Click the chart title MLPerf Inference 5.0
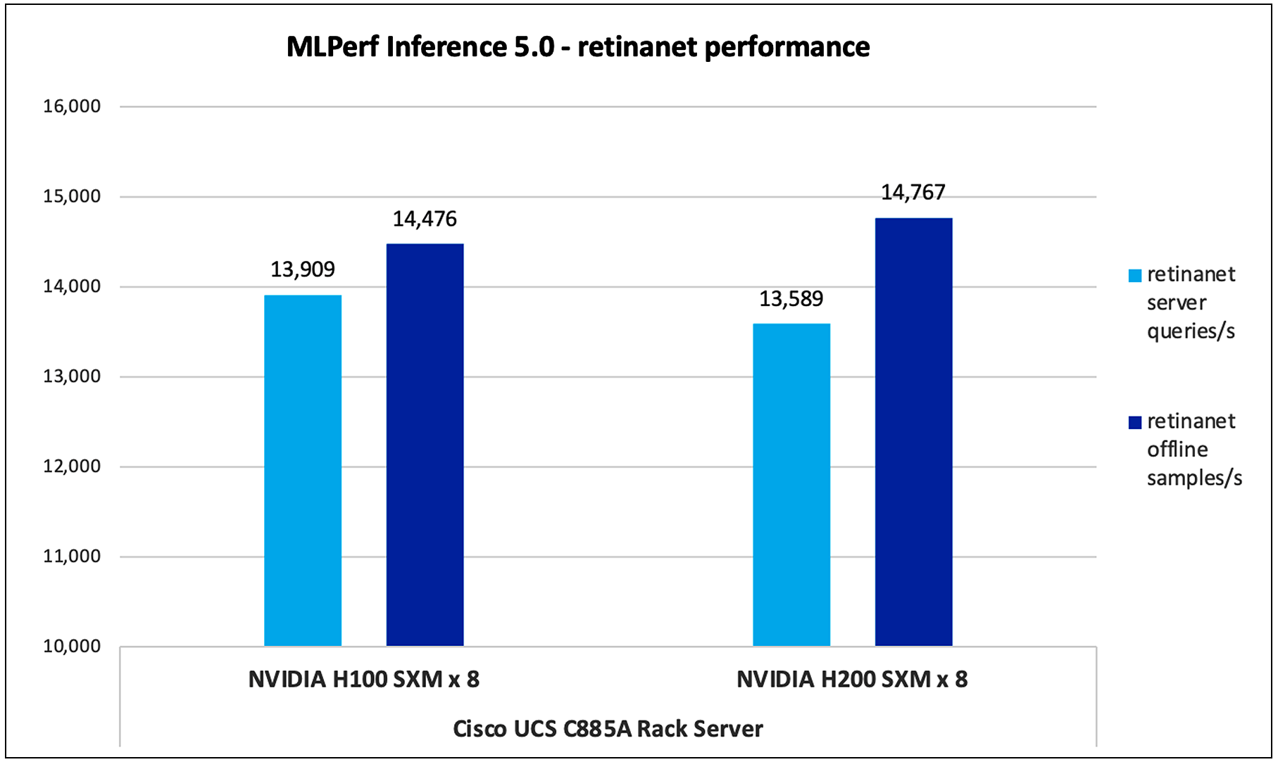[578, 47]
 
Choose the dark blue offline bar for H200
[913, 432]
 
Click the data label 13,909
[303, 269]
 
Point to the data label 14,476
[425, 220]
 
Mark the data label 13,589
[791, 299]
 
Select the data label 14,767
[913, 193]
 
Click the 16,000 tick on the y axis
[72, 106]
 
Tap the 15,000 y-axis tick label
[72, 196]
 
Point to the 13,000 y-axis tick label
[72, 376]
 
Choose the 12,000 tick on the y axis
[72, 466]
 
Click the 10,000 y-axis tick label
[72, 647]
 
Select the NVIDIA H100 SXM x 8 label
[363, 680]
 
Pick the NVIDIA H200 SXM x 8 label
[852, 680]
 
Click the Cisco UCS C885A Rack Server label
[608, 729]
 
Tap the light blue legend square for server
[1134, 276]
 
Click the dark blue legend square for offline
[1134, 423]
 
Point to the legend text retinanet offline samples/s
[1194, 450]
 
